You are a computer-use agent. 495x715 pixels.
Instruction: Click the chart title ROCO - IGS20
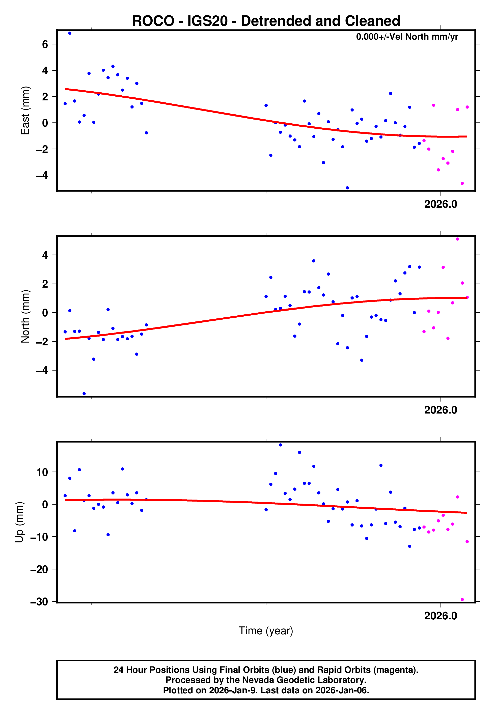coord(266,21)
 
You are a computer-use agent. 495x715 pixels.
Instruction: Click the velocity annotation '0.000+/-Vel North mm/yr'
coord(407,37)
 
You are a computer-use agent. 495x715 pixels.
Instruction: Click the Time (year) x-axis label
coord(266,631)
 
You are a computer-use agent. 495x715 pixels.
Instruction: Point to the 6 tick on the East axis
coord(45,44)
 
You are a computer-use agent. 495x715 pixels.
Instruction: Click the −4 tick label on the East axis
coord(42,176)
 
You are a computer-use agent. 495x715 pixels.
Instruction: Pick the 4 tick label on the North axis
coord(45,256)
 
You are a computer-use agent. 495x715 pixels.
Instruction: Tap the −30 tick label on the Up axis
coord(39,602)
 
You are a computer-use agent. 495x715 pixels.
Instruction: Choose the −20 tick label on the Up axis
coord(39,569)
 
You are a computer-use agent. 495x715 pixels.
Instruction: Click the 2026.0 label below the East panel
coord(441,204)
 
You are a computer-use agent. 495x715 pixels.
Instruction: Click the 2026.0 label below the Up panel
coord(441,616)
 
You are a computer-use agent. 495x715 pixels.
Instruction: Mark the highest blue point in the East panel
coord(70,33)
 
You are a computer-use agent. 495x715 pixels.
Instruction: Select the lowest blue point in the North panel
coord(84,394)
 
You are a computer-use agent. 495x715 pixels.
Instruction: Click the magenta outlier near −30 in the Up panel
coord(462,600)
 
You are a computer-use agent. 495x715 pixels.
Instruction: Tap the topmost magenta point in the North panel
coord(457,239)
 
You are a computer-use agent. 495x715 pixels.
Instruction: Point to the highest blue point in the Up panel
coord(280,445)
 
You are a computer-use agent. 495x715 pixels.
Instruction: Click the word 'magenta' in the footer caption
coord(394,670)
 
